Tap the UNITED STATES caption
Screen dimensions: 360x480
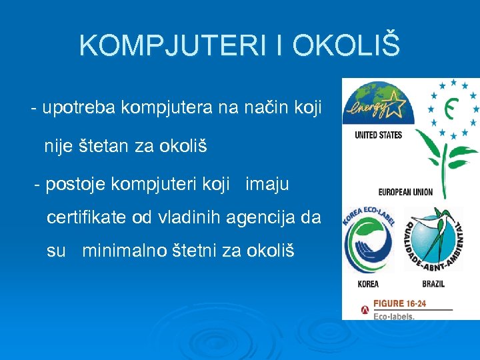378,135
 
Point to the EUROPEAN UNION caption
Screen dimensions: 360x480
405,192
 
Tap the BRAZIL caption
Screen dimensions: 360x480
433,284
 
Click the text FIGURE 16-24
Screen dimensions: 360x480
399,304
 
